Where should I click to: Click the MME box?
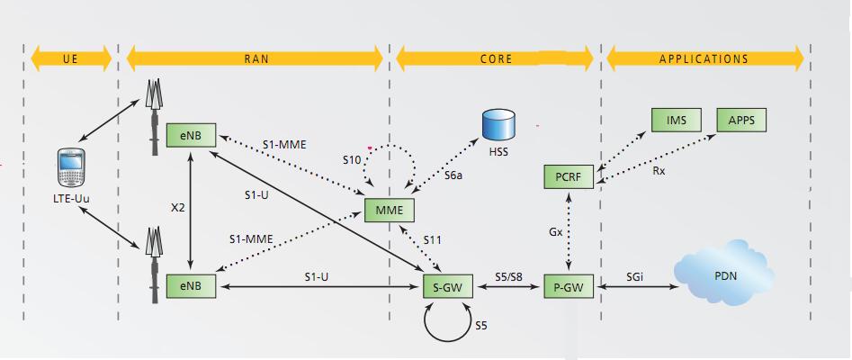pyautogui.click(x=390, y=211)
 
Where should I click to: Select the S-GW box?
pyautogui.click(x=448, y=286)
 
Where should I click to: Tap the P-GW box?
pyautogui.click(x=569, y=286)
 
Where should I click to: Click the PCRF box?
pyautogui.click(x=569, y=176)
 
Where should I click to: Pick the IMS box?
pyautogui.click(x=677, y=120)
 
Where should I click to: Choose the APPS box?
pyautogui.click(x=741, y=120)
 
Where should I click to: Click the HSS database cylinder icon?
pyautogui.click(x=498, y=124)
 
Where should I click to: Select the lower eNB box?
pyautogui.click(x=191, y=286)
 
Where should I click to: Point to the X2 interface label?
pyautogui.click(x=178, y=207)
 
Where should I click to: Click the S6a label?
pyautogui.click(x=453, y=176)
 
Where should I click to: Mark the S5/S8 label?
pyautogui.click(x=508, y=277)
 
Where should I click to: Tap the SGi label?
pyautogui.click(x=635, y=277)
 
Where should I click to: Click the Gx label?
pyautogui.click(x=556, y=231)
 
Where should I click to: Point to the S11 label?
pyautogui.click(x=433, y=240)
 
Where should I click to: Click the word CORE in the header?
pyautogui.click(x=496, y=59)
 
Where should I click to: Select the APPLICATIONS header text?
pyautogui.click(x=704, y=59)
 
